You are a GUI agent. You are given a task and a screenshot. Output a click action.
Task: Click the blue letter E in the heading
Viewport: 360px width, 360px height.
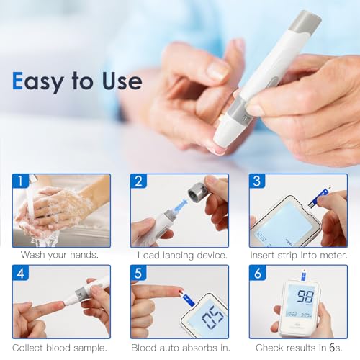point(17,81)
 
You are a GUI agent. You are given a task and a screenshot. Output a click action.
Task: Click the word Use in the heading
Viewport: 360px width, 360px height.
point(122,81)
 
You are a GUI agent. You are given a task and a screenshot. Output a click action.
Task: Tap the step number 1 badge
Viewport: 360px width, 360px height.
point(21,181)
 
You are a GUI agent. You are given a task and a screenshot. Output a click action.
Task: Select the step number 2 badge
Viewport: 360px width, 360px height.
point(139,181)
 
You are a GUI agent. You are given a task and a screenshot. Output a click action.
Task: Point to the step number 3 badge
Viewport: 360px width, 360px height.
point(257,181)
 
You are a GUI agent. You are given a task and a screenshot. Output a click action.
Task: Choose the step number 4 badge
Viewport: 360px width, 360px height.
point(21,273)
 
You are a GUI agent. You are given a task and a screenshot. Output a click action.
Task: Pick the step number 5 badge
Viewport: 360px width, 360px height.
point(139,273)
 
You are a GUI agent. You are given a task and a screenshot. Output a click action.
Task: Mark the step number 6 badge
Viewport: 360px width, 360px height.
point(257,273)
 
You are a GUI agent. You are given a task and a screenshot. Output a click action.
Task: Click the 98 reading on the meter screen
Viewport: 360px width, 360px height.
point(305,297)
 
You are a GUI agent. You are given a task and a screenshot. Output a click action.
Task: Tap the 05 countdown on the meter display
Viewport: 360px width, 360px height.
point(213,318)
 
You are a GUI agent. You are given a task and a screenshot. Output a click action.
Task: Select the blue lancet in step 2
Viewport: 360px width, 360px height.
point(179,206)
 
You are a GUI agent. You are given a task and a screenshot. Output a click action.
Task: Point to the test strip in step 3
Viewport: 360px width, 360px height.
point(319,198)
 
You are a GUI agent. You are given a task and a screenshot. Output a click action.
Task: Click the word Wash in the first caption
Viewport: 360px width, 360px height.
point(32,255)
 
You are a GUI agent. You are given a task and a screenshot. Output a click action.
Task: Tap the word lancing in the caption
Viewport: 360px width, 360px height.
point(179,256)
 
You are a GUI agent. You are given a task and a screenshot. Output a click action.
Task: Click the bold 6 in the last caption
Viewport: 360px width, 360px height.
point(332,348)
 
